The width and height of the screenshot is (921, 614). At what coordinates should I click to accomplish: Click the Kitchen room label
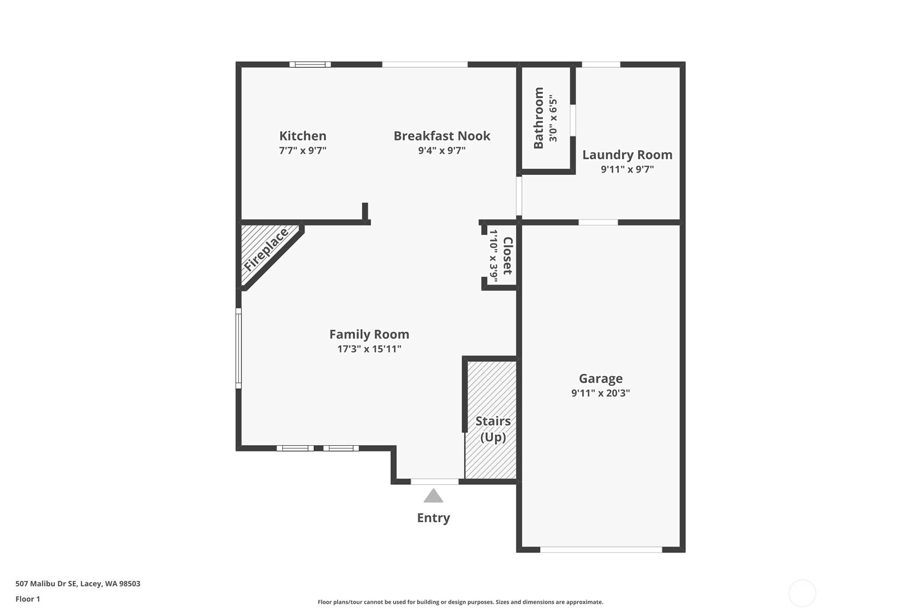303,136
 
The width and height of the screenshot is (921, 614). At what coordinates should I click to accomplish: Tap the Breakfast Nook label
442,136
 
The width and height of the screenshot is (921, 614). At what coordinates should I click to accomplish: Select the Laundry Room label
627,155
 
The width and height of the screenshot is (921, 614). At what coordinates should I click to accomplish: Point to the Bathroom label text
538,118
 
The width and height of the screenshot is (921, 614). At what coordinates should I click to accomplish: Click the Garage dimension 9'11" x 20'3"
600,393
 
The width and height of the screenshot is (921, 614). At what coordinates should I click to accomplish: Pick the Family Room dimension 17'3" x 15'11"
369,349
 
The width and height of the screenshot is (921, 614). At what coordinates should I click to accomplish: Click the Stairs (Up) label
493,429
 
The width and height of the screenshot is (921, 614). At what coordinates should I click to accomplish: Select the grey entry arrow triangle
433,496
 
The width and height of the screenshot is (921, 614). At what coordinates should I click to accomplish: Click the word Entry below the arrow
433,518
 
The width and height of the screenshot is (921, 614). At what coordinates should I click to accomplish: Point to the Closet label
507,256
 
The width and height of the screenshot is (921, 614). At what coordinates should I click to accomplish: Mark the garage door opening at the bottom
601,550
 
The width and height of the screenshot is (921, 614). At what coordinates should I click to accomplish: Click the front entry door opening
434,482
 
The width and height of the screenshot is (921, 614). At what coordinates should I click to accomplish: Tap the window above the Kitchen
310,65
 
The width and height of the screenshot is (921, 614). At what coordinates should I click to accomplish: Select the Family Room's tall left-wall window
238,349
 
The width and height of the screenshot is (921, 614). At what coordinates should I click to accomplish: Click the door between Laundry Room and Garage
598,223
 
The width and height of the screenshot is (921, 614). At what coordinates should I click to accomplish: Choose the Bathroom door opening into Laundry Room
573,120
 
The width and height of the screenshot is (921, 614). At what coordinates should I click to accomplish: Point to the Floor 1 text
28,599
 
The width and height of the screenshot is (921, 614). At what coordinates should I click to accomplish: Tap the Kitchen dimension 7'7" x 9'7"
303,150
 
